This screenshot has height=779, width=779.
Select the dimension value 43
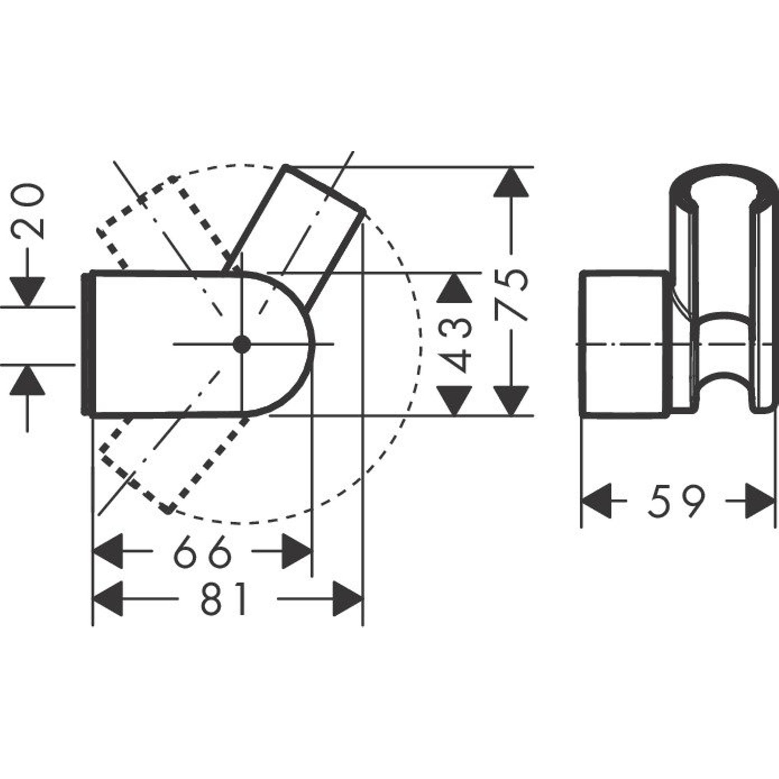click(455, 344)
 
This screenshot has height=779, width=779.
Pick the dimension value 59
click(677, 501)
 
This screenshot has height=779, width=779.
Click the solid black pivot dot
click(242, 344)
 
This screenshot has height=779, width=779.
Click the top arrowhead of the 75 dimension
click(512, 182)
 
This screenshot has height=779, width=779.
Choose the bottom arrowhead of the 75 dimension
click(512, 400)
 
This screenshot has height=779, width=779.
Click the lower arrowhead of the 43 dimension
click(455, 400)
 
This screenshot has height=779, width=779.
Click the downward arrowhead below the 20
click(27, 291)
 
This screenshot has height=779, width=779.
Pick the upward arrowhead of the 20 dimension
click(27, 381)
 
